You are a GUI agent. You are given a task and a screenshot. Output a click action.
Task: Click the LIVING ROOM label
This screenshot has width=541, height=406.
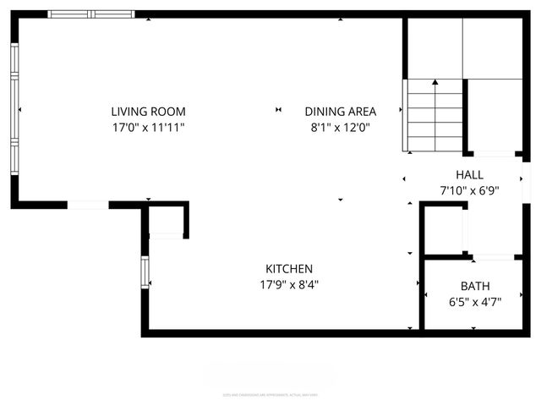pyautogui.click(x=148, y=112)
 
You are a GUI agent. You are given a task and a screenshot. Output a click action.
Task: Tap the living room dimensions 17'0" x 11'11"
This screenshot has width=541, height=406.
pyautogui.click(x=148, y=128)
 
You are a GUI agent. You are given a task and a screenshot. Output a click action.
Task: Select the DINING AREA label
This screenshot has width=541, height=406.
pyautogui.click(x=340, y=112)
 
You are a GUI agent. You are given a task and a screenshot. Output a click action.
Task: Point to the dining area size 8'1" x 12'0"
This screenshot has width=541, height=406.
pyautogui.click(x=340, y=128)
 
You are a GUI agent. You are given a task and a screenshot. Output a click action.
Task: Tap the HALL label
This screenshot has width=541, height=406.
pyautogui.click(x=469, y=175)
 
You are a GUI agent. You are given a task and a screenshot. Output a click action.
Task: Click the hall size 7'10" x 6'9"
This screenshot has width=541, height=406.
pyautogui.click(x=469, y=191)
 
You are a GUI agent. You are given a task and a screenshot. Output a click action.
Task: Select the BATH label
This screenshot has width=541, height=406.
pyautogui.click(x=475, y=286)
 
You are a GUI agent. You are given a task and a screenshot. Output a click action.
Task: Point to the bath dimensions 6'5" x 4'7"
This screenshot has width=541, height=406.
pyautogui.click(x=475, y=302)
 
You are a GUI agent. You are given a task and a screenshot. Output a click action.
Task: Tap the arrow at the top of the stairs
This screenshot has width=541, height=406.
pyautogui.click(x=435, y=83)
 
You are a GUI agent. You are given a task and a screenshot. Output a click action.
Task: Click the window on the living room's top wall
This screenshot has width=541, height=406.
pyautogui.click(x=91, y=14)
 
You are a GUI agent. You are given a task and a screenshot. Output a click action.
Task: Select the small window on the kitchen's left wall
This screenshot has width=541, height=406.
pyautogui.click(x=145, y=272)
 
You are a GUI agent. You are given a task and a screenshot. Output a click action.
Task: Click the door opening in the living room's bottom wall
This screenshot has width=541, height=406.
pyautogui.click(x=88, y=204)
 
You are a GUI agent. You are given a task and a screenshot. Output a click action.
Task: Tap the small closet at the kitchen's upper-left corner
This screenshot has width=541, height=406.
pyautogui.click(x=167, y=221)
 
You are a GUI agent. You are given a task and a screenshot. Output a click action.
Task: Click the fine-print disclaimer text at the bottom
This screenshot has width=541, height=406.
pyautogui.click(x=270, y=393)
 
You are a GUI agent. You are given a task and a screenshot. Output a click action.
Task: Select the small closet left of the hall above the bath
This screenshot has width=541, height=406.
pyautogui.click(x=444, y=228)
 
